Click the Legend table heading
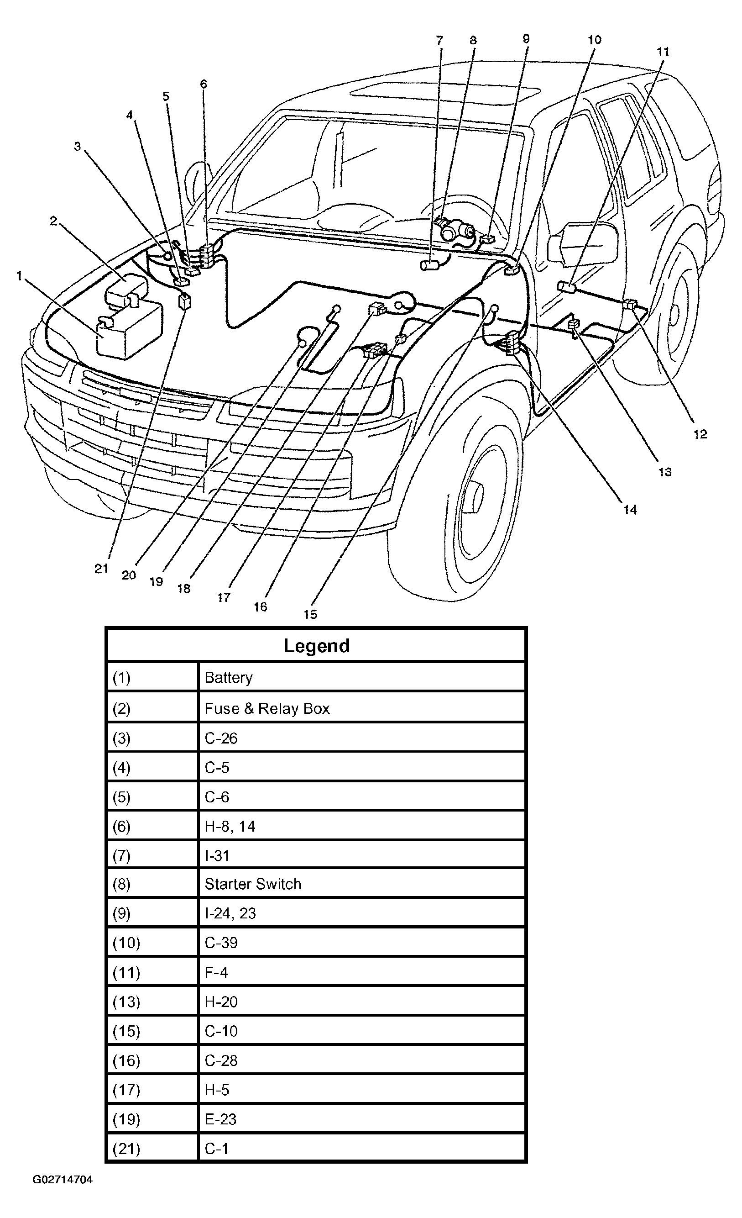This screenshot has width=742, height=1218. [x=317, y=646]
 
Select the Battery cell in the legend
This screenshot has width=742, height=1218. [x=228, y=677]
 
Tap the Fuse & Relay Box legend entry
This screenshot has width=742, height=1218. [x=267, y=708]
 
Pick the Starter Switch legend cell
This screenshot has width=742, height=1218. [x=252, y=884]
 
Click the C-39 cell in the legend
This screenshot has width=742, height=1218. [x=221, y=943]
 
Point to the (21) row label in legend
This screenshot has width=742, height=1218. [x=126, y=1148]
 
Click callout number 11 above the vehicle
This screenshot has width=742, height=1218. [x=663, y=52]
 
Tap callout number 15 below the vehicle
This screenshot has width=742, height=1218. [x=310, y=614]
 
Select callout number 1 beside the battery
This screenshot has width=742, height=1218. [x=20, y=276]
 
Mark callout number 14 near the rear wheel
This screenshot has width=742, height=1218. [x=630, y=510]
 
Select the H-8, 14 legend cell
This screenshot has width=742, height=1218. [x=230, y=826]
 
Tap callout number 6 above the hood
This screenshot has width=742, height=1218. [x=204, y=84]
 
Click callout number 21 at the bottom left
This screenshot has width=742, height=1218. [x=101, y=569]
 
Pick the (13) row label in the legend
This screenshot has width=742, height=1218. [x=126, y=1002]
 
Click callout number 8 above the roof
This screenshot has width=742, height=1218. [x=473, y=41]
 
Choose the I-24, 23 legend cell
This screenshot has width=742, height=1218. [x=230, y=913]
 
